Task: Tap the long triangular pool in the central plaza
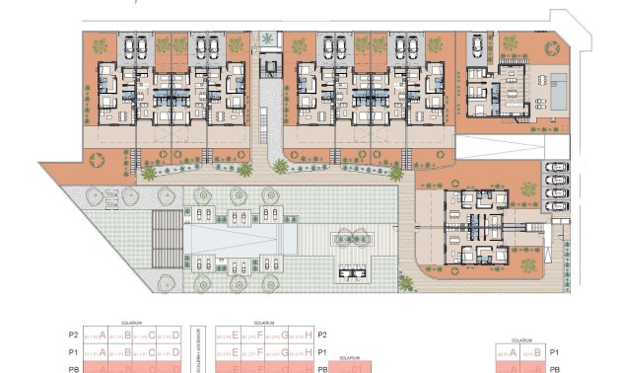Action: [x=241, y=238]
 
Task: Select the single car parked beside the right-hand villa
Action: [x=477, y=47]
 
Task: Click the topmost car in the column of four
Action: [x=556, y=168]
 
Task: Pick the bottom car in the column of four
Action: [x=556, y=206]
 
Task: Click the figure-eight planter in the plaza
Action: [x=352, y=237]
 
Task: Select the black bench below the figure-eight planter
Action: [x=351, y=271]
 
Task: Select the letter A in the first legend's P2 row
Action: [x=102, y=336]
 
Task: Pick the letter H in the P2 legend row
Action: [x=309, y=336]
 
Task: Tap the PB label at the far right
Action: [x=554, y=368]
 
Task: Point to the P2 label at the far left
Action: [x=72, y=336]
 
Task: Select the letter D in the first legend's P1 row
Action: [x=176, y=351]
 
